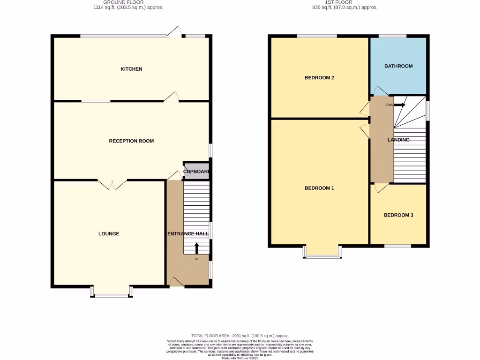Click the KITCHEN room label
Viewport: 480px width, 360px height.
click(x=131, y=69)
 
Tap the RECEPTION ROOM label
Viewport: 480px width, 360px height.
click(x=131, y=141)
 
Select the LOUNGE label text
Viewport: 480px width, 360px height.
click(x=109, y=234)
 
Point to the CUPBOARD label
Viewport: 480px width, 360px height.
click(x=196, y=172)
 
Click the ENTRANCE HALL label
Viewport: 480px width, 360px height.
click(x=188, y=233)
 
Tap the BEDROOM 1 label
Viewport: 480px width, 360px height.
click(x=319, y=188)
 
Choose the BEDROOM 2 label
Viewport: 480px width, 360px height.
click(x=319, y=78)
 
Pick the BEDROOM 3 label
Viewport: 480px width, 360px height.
click(x=398, y=216)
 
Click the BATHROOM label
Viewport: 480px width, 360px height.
click(x=398, y=66)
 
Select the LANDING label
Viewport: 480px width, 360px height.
click(x=398, y=140)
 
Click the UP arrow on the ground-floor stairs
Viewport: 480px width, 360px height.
click(x=196, y=247)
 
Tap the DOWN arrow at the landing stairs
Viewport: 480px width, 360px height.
click(x=399, y=105)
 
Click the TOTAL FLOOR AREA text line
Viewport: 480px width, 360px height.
click(x=240, y=336)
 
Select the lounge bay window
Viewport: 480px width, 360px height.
click(x=112, y=293)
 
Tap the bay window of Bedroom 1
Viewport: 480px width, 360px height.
click(x=322, y=254)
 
